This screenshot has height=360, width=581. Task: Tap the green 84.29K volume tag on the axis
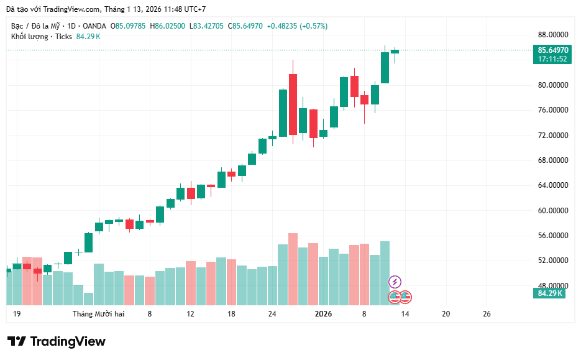coord(550,293)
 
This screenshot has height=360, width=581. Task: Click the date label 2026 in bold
coord(323,314)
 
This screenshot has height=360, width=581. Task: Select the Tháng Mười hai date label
coord(98,314)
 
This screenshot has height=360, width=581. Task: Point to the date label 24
coord(272,314)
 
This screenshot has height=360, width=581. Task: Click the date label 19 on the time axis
coord(17,314)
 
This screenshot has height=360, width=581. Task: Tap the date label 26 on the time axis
coord(487,314)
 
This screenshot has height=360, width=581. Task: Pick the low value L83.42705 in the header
coord(207,26)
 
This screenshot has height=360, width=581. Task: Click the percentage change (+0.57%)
coord(313,26)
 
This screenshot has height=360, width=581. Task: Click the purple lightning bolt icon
coord(395,282)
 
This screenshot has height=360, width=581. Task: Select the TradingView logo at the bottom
coord(56,341)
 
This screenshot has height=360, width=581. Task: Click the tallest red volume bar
coord(293,269)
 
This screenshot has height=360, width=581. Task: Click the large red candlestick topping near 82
coord(293,104)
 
